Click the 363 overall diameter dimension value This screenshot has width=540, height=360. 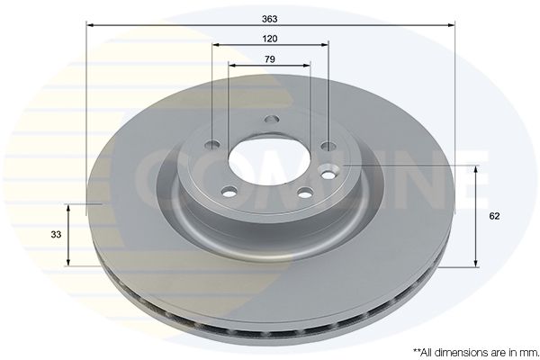coord(269,19)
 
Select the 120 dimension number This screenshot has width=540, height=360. coord(270,39)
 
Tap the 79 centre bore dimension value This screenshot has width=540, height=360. coord(270,59)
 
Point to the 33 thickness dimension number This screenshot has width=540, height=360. coord(56,235)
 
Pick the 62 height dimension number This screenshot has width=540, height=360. coord(494,216)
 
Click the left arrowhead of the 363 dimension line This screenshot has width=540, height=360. coord(90,25)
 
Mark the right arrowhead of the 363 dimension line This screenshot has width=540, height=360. coord(451,25)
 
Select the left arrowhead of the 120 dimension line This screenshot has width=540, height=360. coord(216,44)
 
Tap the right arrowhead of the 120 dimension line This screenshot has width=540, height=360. coord(324,44)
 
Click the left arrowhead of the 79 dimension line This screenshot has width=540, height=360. coord(232,65)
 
